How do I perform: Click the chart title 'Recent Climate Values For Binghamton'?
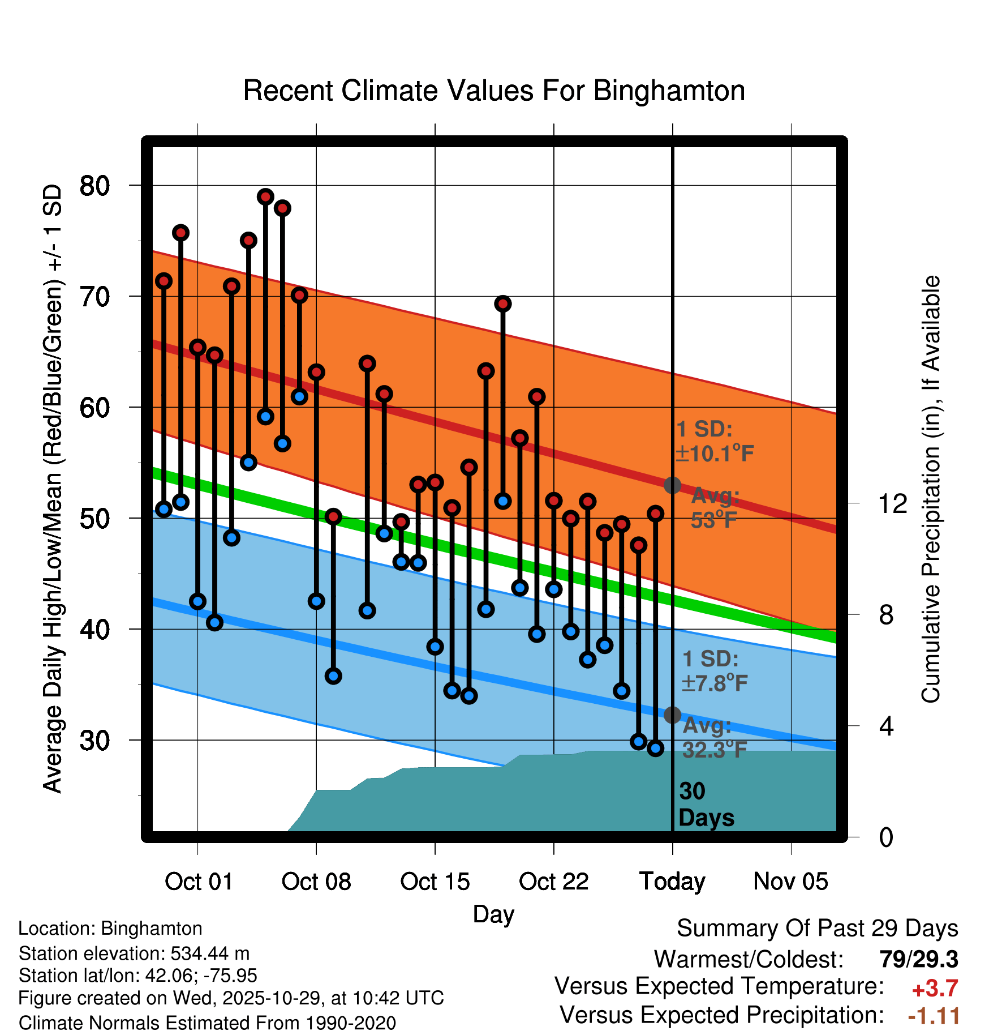point(494,91)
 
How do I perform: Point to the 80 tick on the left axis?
point(94,186)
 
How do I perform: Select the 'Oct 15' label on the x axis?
point(435,882)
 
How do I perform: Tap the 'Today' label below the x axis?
point(672,882)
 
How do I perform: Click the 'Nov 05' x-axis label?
point(790,882)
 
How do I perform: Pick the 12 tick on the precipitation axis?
point(892,503)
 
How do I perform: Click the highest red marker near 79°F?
point(265,197)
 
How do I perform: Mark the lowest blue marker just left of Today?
point(655,749)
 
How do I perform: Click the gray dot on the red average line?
point(672,485)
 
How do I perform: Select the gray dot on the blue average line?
point(672,715)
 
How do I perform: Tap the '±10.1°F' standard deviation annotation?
point(715,454)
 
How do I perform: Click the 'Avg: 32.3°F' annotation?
point(714,738)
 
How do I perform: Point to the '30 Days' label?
point(706,805)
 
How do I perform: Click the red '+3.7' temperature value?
point(935,989)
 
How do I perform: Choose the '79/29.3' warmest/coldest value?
point(919,959)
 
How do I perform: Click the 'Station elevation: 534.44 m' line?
point(134,953)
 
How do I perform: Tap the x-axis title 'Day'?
point(493,914)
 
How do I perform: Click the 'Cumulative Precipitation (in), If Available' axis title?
point(931,489)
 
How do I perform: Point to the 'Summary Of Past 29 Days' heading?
point(817,929)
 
